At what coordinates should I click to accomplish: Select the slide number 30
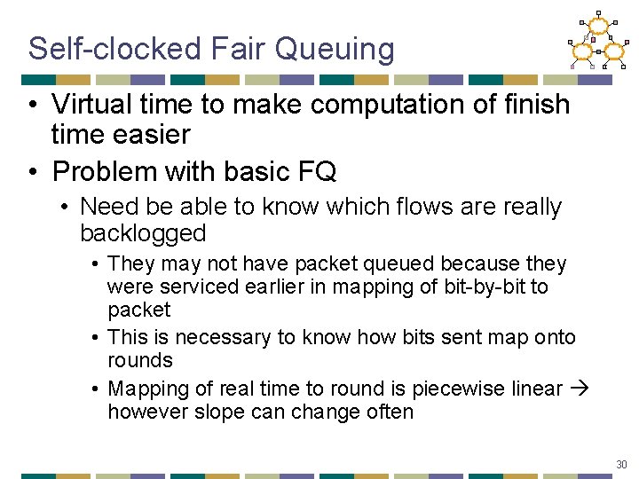click(x=621, y=465)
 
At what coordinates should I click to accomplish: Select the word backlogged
click(x=143, y=234)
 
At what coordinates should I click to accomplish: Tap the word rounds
click(x=140, y=361)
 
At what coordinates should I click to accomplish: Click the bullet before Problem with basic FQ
click(x=33, y=170)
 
